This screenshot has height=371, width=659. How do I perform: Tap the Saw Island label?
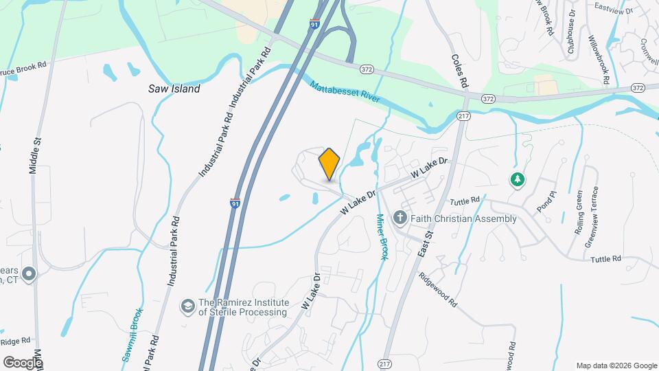tap(174, 89)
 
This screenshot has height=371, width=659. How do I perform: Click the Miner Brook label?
tap(382, 236)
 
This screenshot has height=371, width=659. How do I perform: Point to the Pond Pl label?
tap(544, 205)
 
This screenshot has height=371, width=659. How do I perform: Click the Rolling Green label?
tap(579, 212)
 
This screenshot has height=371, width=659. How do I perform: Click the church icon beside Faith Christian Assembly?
tap(400, 218)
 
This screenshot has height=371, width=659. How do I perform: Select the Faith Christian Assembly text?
tap(463, 218)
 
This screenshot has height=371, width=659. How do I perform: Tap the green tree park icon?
tap(517, 180)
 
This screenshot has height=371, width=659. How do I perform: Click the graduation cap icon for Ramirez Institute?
tap(187, 305)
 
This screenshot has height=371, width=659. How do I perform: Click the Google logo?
tap(23, 362)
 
